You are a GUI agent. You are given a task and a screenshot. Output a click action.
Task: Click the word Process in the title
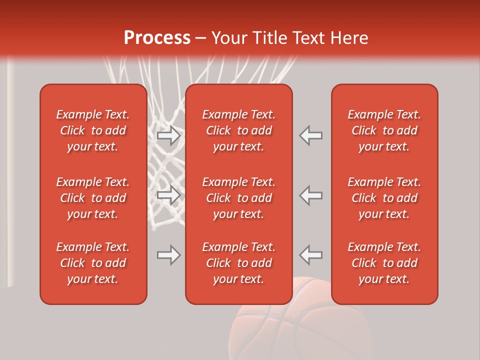click(x=157, y=38)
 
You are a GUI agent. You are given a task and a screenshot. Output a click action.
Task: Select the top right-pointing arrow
click(x=168, y=135)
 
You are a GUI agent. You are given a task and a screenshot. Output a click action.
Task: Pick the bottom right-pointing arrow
click(x=168, y=255)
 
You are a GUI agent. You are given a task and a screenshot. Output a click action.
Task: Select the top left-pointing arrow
click(x=311, y=135)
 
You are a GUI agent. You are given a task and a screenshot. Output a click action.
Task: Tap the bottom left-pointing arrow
click(x=311, y=255)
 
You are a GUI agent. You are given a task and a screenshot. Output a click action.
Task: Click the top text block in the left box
click(x=93, y=130)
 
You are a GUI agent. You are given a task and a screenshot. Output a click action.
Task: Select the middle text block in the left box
click(x=93, y=198)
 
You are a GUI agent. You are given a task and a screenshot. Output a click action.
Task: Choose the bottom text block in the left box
click(x=93, y=263)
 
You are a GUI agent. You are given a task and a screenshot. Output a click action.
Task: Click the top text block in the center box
click(x=239, y=130)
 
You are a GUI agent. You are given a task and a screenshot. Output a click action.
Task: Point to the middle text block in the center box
click(x=239, y=198)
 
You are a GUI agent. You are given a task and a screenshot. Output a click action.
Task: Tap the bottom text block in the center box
click(x=239, y=263)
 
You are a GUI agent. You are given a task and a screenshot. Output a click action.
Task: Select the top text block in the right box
click(x=384, y=130)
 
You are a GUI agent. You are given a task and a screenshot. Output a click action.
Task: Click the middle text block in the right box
click(x=384, y=198)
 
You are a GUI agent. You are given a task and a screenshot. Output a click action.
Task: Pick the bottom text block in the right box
click(x=384, y=263)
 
